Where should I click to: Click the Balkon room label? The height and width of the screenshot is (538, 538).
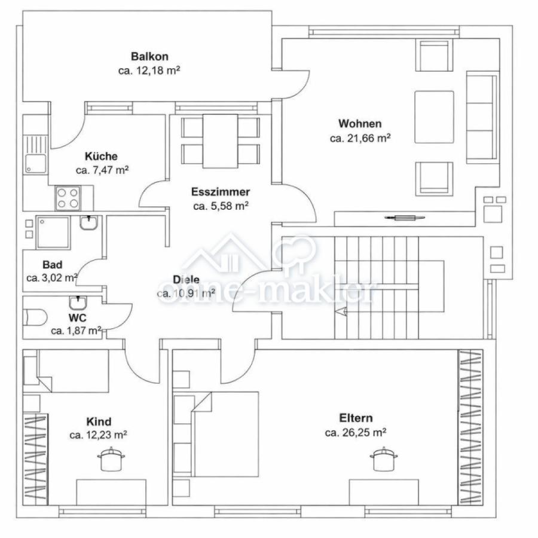coord(149,56)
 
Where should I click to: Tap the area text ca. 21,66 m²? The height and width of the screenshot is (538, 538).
coord(360,138)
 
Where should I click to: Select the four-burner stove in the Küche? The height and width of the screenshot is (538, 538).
coord(68,198)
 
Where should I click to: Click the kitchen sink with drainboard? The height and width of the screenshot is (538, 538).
coord(35,154)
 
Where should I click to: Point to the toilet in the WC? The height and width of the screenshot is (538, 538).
coord(35,317)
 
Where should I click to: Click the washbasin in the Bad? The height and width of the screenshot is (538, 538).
coord(89,223)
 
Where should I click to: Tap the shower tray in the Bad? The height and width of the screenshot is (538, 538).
coord(53,233)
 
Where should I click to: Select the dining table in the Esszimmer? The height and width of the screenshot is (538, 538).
coord(220,141)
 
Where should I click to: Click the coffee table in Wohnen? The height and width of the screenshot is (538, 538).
coord(434,117)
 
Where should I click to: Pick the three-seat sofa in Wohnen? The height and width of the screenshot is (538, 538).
coord(482,117)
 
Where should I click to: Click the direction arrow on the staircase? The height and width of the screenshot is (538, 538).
coord(341,312)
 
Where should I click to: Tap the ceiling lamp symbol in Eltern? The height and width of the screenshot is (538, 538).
coord(384,459)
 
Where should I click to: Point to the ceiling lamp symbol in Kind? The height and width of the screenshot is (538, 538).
coord(111,459)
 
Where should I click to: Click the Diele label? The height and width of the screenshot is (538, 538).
coord(186,279)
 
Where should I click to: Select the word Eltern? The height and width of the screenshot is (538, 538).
coord(356,418)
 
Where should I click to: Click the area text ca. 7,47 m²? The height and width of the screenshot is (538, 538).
coord(102,170)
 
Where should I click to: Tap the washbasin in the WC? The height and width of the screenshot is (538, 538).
coord(78,302)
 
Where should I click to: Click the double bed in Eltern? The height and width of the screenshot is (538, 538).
coord(216,434)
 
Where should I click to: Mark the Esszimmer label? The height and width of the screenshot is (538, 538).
coord(220,191)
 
